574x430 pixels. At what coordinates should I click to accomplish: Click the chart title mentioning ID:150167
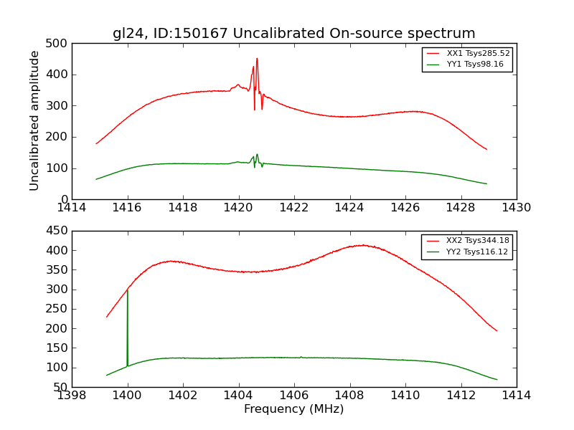[293, 33]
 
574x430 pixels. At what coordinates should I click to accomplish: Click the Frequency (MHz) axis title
[293, 409]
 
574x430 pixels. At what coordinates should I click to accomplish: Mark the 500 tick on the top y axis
[60, 44]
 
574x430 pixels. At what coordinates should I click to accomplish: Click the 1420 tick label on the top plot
[238, 208]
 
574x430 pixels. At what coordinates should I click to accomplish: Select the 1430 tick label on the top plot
[516, 208]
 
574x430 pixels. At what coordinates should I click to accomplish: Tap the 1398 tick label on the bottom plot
[72, 396]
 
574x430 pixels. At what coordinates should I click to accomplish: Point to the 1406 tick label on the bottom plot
[294, 396]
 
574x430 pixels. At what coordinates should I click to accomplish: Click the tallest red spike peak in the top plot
[257, 59]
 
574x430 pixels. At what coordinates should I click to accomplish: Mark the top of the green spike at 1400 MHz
[127, 290]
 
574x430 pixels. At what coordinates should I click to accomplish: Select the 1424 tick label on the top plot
[349, 208]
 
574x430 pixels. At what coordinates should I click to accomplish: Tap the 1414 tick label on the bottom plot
[516, 396]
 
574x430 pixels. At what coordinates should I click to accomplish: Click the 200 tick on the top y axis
[60, 137]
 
